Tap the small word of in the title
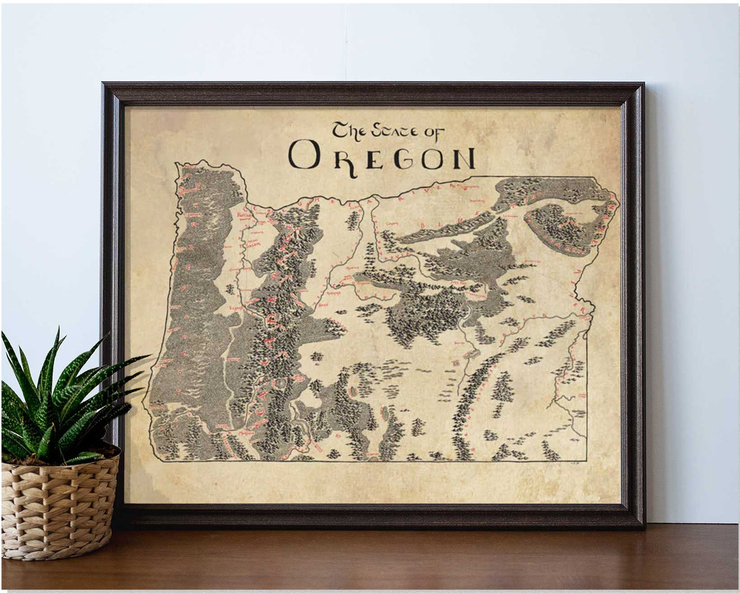[x=432, y=132]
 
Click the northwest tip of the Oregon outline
[x=177, y=165]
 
